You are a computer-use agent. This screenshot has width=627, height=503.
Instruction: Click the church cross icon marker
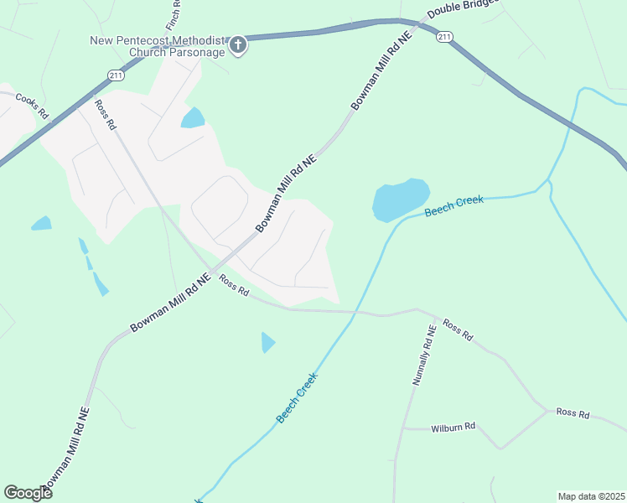coord(238,44)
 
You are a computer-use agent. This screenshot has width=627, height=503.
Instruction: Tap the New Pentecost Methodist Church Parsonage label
coord(158,46)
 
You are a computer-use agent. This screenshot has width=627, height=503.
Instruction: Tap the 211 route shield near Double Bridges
coord(444,36)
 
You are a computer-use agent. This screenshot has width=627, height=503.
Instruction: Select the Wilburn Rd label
coord(453,427)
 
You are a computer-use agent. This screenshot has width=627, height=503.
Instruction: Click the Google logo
coord(28,492)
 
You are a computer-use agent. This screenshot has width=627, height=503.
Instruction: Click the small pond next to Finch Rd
coord(193,118)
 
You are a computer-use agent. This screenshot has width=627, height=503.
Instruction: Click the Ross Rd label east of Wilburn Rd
coord(573,413)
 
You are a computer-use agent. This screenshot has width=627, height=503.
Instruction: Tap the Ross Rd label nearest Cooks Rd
coord(105,115)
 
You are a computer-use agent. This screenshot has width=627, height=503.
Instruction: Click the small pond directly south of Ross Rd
coord(267,342)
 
